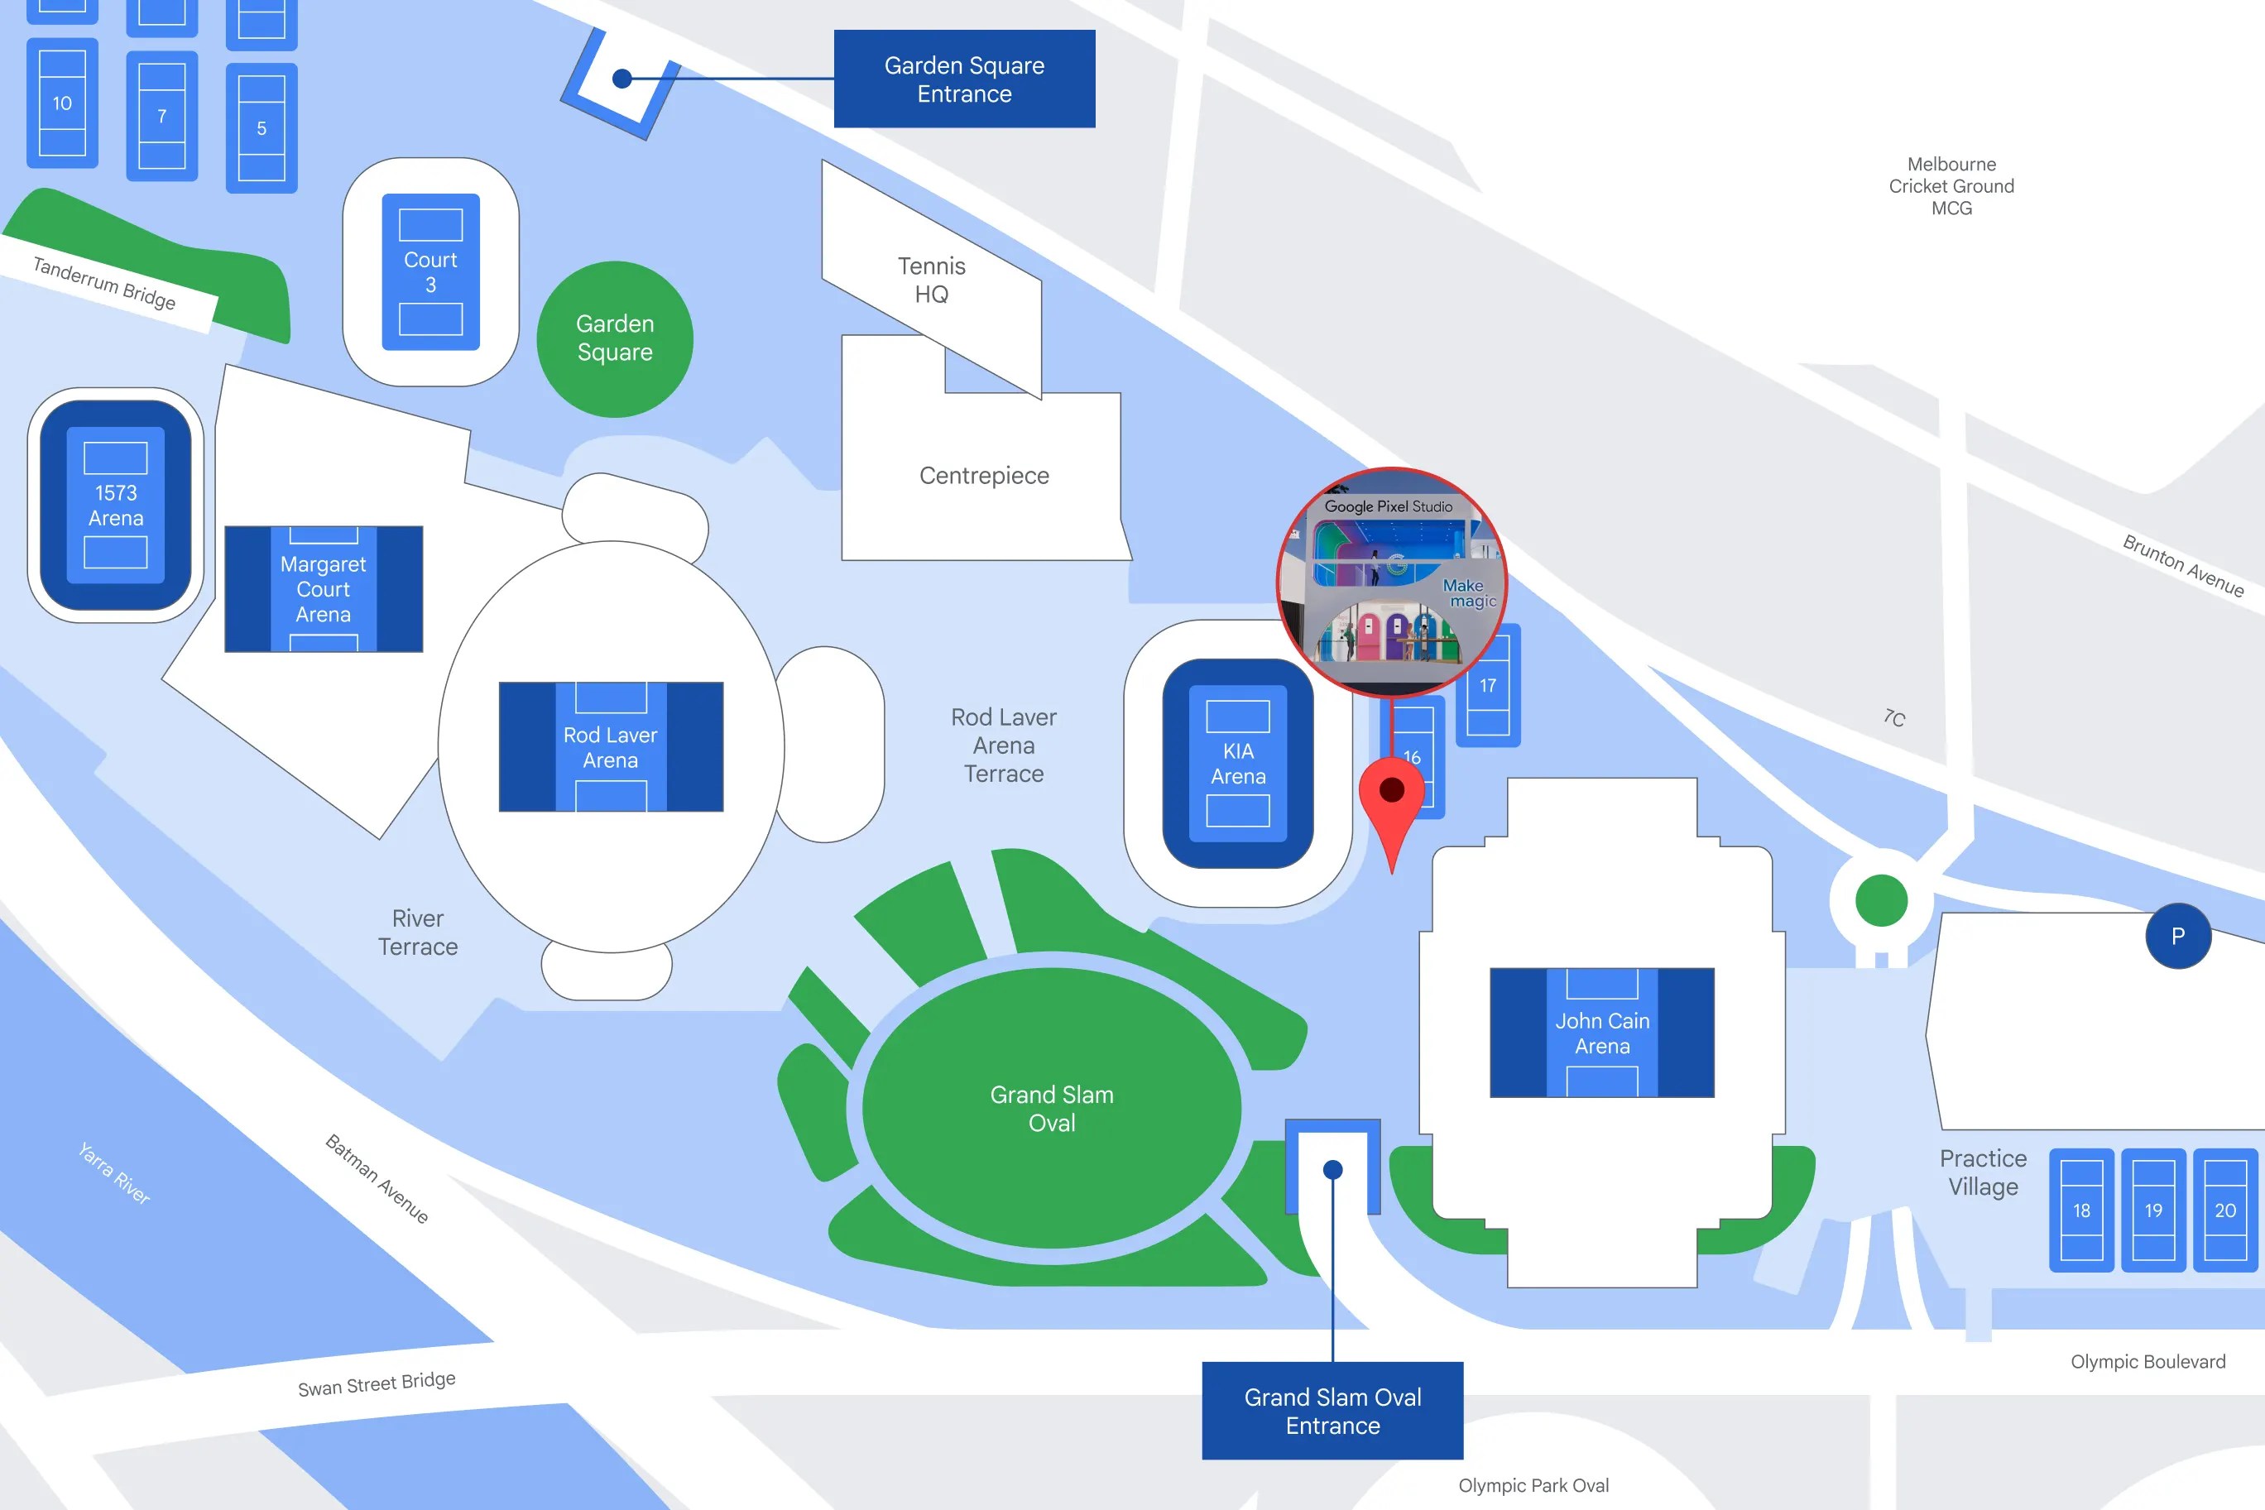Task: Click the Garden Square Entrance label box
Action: pos(964,79)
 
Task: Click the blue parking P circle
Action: pos(2177,936)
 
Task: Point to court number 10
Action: pos(63,103)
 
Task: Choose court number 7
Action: pos(162,117)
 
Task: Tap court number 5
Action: pos(261,128)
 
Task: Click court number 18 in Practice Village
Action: pos(2081,1210)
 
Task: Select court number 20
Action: pos(2224,1210)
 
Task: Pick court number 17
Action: pos(1488,686)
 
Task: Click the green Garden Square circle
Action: pos(614,339)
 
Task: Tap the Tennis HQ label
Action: pos(931,280)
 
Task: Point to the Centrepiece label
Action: pos(983,476)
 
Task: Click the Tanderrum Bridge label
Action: pos(104,283)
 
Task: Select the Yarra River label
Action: pos(113,1173)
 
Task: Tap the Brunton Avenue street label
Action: pos(2182,565)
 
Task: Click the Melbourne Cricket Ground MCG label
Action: pos(1951,186)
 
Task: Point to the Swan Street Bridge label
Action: pos(377,1384)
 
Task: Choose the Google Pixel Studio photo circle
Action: pos(1389,582)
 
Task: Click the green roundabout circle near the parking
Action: pos(1880,900)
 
